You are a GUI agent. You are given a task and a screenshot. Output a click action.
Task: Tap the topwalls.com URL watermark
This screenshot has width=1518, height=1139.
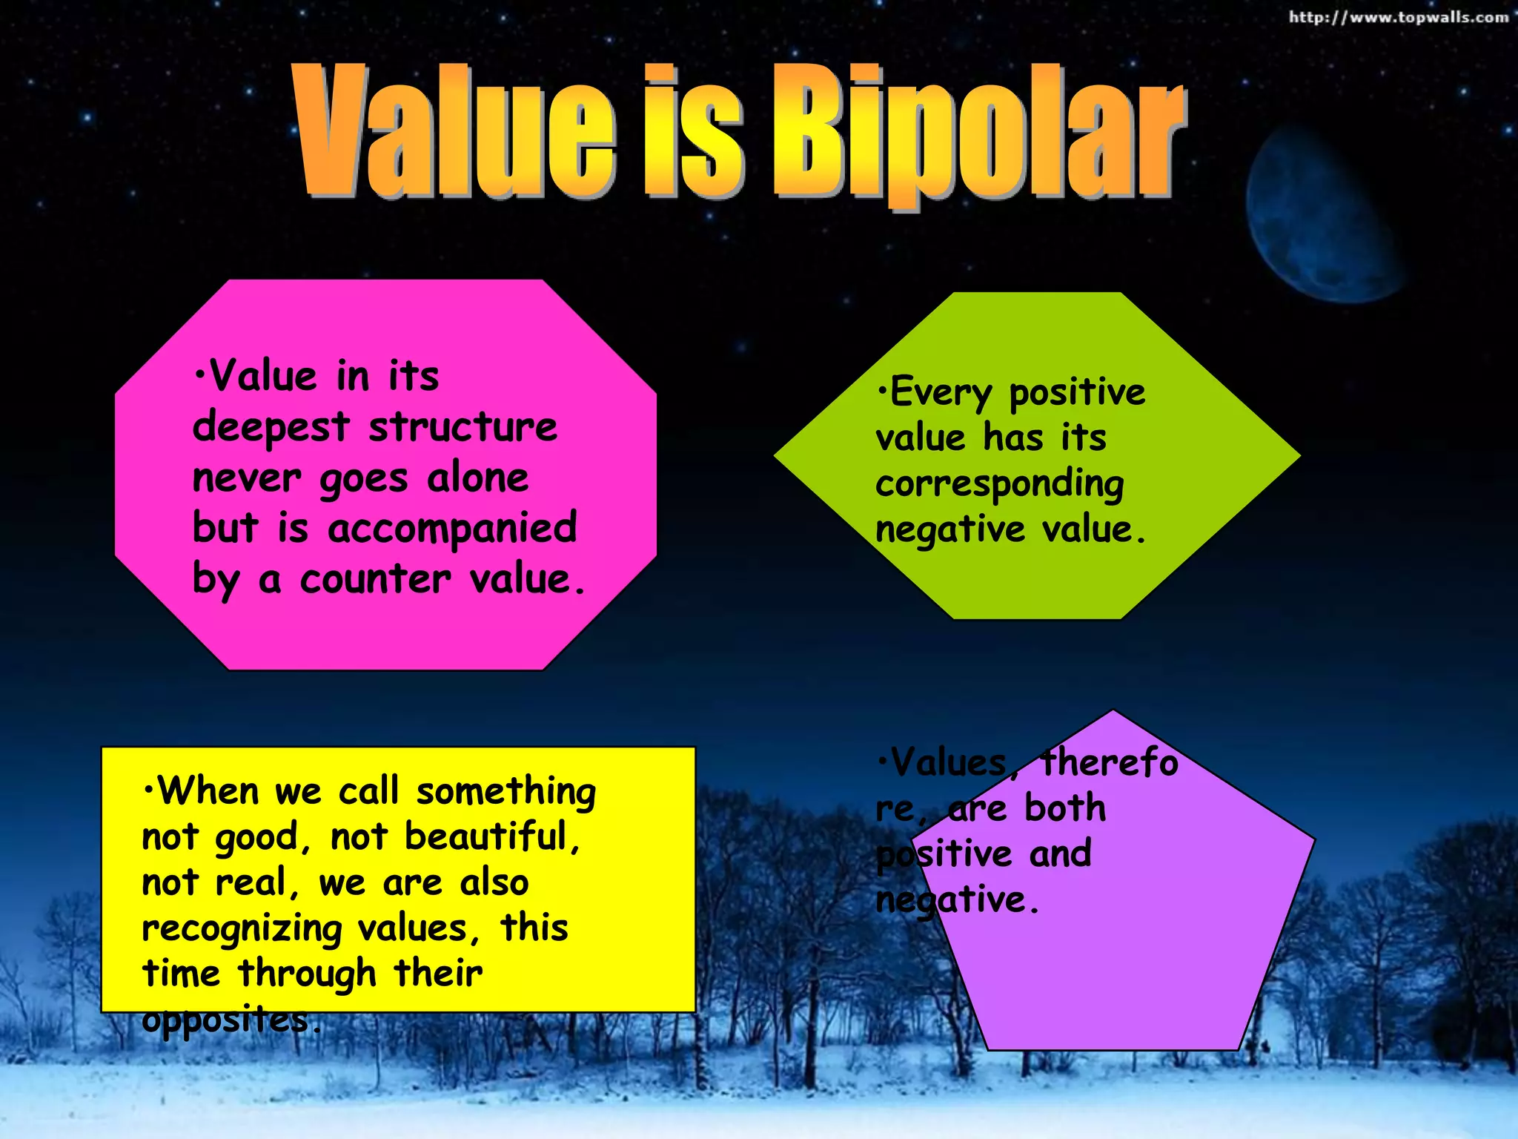(x=1398, y=16)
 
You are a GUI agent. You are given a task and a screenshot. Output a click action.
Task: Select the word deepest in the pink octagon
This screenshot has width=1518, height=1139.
(x=271, y=429)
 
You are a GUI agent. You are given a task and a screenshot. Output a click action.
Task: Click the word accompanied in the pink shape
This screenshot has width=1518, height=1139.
(x=451, y=528)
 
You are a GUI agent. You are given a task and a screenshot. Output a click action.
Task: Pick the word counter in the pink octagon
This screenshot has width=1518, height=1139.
(x=375, y=579)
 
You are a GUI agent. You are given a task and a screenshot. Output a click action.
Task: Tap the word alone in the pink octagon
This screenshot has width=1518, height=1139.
(x=478, y=478)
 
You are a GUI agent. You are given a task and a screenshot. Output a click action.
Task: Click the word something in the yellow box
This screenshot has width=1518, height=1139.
(x=506, y=792)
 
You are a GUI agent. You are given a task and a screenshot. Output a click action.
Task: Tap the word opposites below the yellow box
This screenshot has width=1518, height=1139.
(x=226, y=1020)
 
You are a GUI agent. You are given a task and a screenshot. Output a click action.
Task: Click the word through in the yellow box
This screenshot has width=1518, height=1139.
(x=308, y=974)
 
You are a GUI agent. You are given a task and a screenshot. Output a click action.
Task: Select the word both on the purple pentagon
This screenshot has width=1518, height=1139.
(x=1064, y=808)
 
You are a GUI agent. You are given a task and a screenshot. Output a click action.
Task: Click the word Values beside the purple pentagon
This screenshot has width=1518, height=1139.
(x=948, y=763)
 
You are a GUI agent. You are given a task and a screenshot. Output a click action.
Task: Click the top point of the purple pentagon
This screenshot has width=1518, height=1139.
(x=1113, y=711)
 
